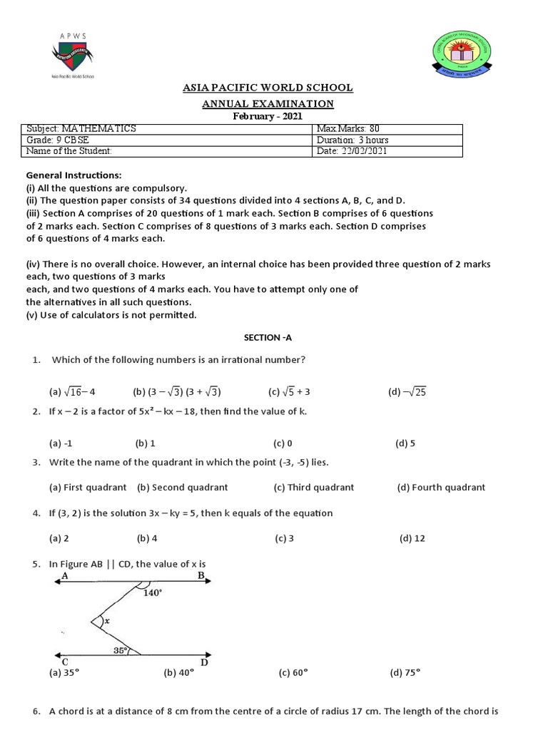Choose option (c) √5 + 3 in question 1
[x=289, y=391]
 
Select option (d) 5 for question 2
[x=405, y=443]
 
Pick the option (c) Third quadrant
[x=313, y=488]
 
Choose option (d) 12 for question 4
[x=412, y=538]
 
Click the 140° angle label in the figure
[x=153, y=593]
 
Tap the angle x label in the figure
[x=107, y=621]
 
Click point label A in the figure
[x=65, y=575]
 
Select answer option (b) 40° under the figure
[x=178, y=672]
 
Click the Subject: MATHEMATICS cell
[x=81, y=129]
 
